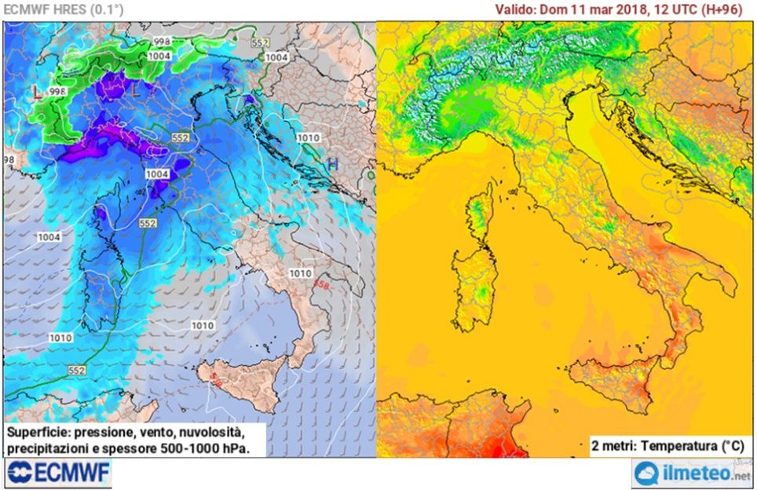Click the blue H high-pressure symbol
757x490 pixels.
pos(333,163)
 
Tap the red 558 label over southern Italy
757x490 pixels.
pos(320,283)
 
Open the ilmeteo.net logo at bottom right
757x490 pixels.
pos(692,474)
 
